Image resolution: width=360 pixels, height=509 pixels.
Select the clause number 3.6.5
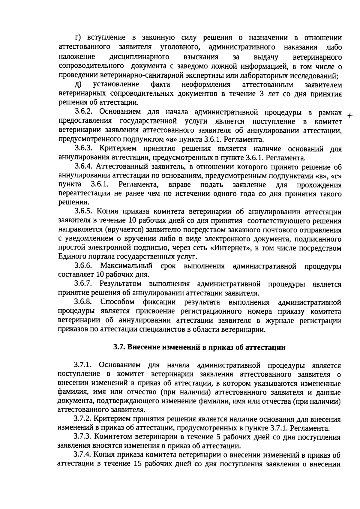coord(85,212)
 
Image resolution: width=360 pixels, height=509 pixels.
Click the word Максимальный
coord(126,266)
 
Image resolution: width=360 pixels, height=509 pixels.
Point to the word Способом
coord(117,302)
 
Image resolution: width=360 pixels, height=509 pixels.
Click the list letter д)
coord(79,84)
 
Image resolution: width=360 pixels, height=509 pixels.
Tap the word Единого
coord(70,257)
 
